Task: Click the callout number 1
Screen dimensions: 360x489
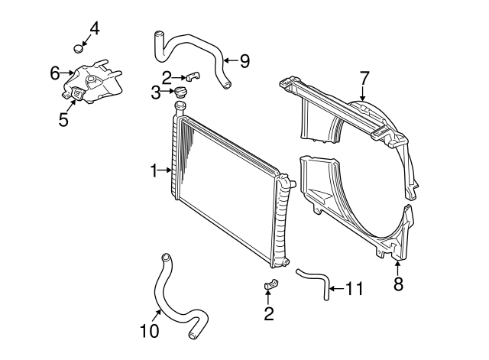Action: coord(153,170)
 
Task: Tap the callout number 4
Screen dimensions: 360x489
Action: coord(95,29)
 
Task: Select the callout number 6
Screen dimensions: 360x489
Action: coord(55,73)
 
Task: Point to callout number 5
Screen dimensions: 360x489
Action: coord(64,120)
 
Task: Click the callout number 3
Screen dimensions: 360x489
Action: coord(155,93)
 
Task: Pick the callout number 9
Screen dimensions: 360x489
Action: coord(244,60)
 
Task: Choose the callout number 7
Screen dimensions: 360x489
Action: coord(364,77)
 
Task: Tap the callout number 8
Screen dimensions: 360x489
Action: coord(398,285)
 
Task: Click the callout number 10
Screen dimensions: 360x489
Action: coord(149,331)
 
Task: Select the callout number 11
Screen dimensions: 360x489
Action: coord(353,289)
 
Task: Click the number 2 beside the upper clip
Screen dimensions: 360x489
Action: coord(167,76)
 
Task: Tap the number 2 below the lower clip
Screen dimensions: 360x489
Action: coord(269,313)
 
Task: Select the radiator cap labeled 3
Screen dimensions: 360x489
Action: coord(181,93)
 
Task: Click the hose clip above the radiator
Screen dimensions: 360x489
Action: coord(193,76)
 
